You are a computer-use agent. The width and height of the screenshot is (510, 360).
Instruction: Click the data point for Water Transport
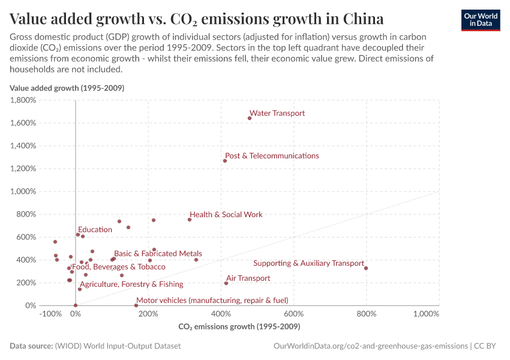point(250,118)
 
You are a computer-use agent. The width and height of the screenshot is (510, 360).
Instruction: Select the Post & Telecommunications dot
point(225,161)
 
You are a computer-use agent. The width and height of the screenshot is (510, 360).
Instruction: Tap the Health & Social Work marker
point(190,220)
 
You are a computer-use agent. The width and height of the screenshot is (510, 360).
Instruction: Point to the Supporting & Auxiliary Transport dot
point(366,268)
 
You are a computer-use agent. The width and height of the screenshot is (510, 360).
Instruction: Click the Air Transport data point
point(226,283)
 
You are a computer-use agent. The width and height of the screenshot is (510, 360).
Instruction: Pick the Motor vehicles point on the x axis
point(136,305)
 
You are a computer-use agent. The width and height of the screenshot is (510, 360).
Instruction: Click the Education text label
point(95,230)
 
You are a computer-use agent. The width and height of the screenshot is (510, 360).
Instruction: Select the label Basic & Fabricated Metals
point(158,254)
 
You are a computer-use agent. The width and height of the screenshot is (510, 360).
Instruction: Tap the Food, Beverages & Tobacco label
point(118,267)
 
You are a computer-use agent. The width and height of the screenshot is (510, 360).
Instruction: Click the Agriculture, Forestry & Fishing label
point(131,284)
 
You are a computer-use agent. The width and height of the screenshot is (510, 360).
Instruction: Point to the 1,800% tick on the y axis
point(23,100)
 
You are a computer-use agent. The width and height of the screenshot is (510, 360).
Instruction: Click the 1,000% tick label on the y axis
point(23,191)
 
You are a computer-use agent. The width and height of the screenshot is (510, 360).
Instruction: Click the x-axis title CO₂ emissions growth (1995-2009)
point(239,327)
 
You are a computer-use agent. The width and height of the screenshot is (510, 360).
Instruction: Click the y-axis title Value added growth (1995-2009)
point(67,88)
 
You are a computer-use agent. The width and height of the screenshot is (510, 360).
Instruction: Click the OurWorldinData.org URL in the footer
point(370,346)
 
